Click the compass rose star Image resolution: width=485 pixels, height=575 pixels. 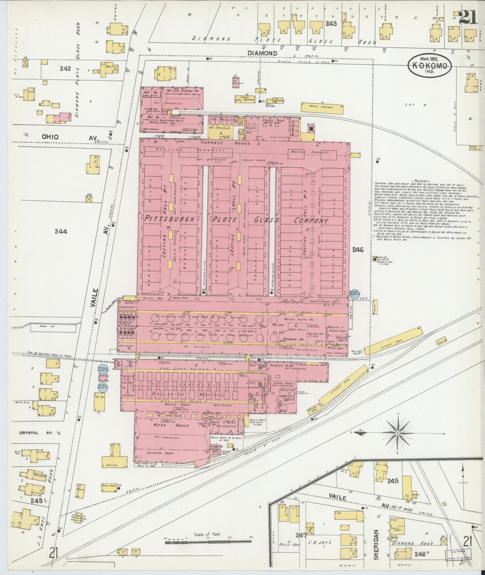click(398, 433)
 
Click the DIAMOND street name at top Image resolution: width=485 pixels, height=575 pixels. click(262, 53)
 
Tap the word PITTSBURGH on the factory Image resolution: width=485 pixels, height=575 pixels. click(170, 219)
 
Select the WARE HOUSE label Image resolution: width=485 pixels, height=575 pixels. click(171, 425)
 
